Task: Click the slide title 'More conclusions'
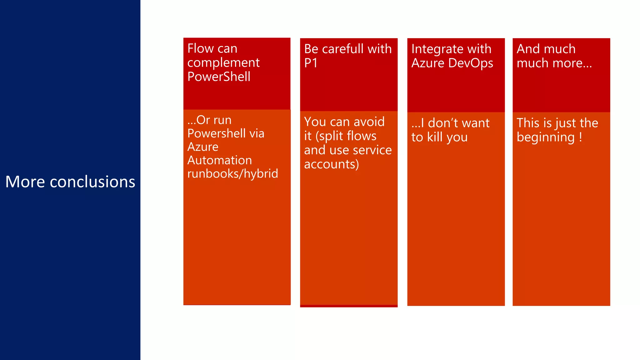click(70, 182)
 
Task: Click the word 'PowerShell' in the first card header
click(219, 77)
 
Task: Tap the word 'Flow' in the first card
click(196, 49)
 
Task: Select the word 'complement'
click(223, 63)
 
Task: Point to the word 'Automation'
click(219, 160)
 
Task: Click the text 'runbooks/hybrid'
click(232, 174)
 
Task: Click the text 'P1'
click(311, 63)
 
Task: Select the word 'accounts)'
click(331, 164)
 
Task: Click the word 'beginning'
click(545, 137)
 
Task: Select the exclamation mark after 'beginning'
click(580, 137)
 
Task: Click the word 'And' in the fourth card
click(528, 49)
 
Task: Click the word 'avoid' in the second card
click(369, 122)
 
